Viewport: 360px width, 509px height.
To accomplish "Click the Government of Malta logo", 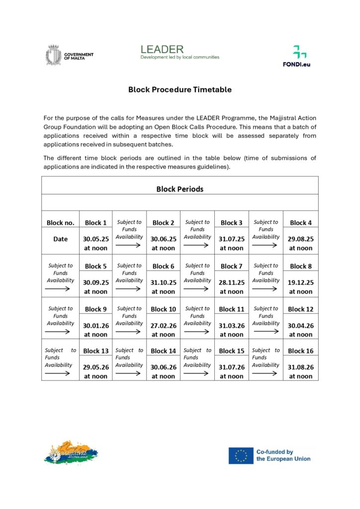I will pos(70,55).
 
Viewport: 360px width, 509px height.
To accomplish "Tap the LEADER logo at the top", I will pos(180,52).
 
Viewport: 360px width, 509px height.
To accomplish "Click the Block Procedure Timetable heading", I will pos(180,90).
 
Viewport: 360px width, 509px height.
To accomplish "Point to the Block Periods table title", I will pos(180,189).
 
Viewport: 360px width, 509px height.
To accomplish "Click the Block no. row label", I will pos(60,223).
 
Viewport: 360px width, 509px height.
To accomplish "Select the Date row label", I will pos(60,239).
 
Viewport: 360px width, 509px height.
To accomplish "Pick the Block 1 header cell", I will pos(96,223).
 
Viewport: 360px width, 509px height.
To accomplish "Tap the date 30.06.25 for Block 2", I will pos(164,239).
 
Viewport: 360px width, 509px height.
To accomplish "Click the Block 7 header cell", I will pos(232,266).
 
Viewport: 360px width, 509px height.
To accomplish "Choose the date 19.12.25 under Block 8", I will pos(300,282).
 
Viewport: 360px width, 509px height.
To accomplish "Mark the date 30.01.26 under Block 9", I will pos(96,326).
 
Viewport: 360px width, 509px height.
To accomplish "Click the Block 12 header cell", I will pos(300,309).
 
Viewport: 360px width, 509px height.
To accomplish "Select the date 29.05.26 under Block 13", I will pos(96,367).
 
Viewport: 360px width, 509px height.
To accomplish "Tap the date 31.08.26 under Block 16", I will pos(300,367).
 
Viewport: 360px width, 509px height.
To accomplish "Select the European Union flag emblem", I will pos(241,455).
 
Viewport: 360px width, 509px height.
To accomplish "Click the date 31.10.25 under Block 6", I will pos(164,282).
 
